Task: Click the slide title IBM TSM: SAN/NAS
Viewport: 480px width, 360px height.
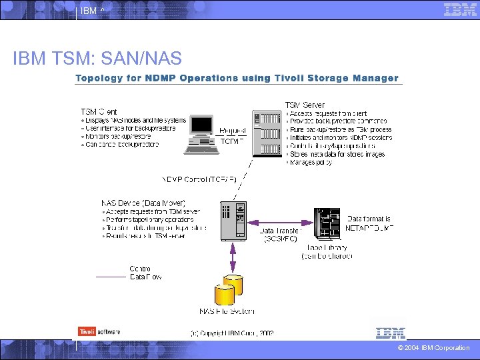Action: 97,59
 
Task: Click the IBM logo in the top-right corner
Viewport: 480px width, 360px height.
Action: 460,10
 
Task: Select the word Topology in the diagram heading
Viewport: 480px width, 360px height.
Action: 101,78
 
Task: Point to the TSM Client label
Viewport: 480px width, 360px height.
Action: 99,111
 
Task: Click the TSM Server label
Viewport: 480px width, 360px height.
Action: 305,105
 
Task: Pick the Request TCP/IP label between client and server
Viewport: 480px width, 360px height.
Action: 232,135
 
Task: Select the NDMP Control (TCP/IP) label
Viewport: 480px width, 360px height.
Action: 199,179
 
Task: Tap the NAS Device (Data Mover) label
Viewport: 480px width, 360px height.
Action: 143,203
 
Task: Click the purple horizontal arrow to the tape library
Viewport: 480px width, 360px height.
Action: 279,223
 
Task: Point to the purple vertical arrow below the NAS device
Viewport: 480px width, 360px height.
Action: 233,257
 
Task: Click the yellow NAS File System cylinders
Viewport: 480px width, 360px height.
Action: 228,291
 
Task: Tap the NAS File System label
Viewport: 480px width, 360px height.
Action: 227,311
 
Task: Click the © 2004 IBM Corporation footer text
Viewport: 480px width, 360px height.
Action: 433,348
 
